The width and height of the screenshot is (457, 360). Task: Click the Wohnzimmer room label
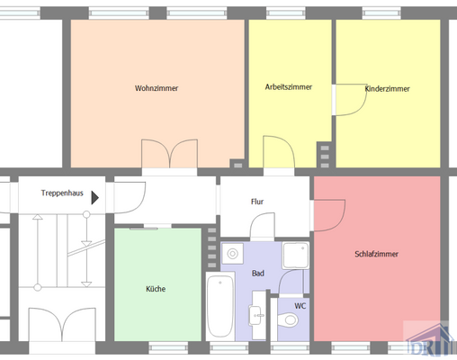click(156, 88)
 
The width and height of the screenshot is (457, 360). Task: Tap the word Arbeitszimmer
click(288, 87)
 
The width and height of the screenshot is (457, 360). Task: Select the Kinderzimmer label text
click(388, 89)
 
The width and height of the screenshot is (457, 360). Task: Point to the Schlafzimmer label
click(376, 254)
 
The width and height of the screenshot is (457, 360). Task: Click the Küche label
click(156, 289)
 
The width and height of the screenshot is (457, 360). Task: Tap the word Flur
click(257, 202)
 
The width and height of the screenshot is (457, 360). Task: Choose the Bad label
click(257, 273)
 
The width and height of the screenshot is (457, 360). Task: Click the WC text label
click(300, 305)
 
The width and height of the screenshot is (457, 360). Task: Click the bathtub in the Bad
click(218, 309)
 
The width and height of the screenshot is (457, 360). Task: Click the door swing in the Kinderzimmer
click(349, 99)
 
